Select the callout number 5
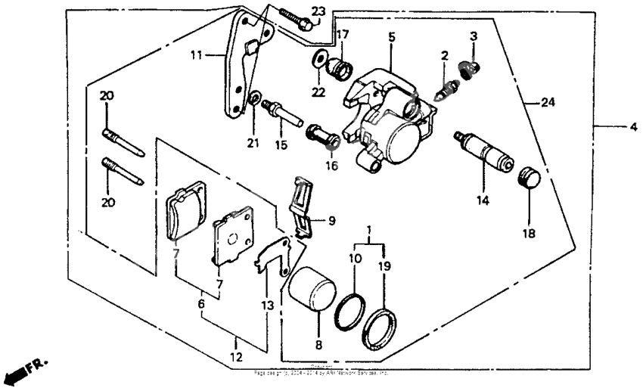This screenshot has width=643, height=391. click(x=391, y=36)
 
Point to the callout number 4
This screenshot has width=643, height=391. click(x=632, y=127)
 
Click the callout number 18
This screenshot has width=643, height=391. click(x=528, y=234)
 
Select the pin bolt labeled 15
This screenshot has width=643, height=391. click(x=284, y=114)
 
